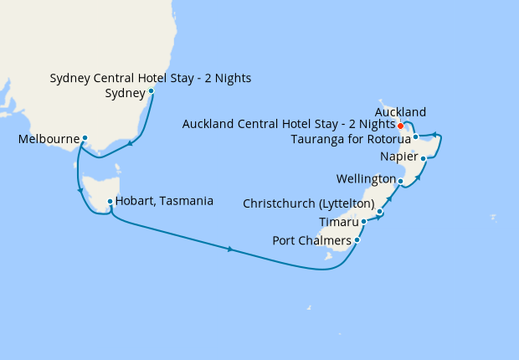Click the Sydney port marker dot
151,91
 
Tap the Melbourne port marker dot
85,138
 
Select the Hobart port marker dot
110,201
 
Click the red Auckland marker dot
401,126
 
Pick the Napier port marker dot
424,157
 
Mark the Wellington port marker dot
401,181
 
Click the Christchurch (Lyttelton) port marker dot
379,213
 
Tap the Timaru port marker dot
364,222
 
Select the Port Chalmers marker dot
357,240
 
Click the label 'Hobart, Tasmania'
164,201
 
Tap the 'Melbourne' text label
48,139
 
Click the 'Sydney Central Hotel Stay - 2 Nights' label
151,79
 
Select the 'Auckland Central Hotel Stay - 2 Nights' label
288,125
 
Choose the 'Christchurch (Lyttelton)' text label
307,203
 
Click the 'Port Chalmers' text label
312,241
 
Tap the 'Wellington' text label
366,179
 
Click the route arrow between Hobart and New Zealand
230,249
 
